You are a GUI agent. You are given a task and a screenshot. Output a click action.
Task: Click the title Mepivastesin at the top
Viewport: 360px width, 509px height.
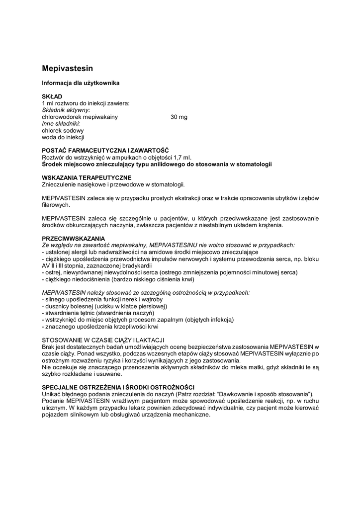67,68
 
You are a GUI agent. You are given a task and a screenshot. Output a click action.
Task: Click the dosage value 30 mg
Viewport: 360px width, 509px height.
179,117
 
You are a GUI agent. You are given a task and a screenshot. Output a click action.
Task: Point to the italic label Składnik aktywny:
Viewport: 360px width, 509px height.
66,110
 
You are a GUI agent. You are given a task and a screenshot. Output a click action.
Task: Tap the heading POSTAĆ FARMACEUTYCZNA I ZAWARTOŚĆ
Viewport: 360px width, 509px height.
105,151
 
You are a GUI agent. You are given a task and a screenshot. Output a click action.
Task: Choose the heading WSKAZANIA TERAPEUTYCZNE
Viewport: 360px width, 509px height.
87,177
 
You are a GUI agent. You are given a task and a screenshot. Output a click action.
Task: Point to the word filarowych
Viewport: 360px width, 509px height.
56,205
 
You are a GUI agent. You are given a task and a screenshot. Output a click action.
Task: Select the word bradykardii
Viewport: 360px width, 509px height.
131,265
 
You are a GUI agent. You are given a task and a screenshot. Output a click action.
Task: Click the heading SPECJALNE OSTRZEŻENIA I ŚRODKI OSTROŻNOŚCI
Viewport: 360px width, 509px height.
118,387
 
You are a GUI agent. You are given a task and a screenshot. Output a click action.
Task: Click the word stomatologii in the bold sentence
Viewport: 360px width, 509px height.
254,164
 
